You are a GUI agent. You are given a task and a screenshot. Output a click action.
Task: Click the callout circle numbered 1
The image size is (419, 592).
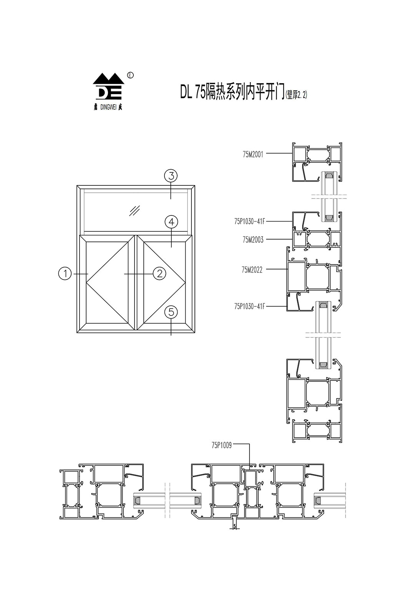click(65, 274)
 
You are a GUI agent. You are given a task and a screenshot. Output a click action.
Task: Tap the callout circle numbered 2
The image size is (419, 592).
click(159, 274)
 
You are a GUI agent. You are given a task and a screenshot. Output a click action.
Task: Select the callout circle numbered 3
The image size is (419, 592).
click(171, 176)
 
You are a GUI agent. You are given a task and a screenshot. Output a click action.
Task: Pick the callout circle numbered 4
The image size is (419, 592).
click(171, 222)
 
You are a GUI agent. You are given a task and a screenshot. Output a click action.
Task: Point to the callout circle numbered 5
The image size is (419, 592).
click(171, 312)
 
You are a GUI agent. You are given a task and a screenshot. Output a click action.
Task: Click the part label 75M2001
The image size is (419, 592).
click(253, 155)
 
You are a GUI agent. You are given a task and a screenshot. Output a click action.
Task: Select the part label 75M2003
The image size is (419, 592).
click(253, 240)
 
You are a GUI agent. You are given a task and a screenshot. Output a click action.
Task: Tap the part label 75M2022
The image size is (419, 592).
click(252, 270)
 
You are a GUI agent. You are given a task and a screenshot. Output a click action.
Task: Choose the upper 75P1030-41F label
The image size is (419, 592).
click(249, 221)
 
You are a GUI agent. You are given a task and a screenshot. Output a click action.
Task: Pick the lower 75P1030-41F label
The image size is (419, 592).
click(249, 306)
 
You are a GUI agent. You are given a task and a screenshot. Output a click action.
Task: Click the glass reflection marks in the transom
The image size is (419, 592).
click(135, 210)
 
